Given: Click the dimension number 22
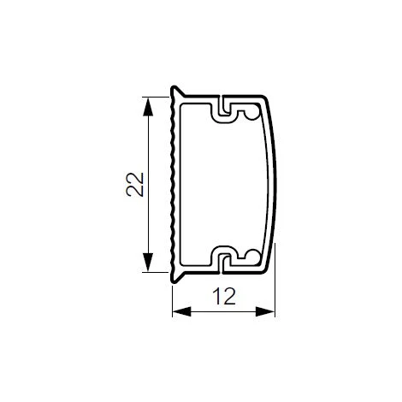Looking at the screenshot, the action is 134,185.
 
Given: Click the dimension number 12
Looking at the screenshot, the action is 224,296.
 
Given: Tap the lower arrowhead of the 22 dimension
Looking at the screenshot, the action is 147,263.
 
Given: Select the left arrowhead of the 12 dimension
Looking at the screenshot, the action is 181,311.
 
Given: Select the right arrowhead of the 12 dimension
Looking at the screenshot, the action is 265,311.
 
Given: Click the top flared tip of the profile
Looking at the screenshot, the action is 174,87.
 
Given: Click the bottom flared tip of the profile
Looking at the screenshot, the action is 174,281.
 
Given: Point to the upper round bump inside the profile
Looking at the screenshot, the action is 252,114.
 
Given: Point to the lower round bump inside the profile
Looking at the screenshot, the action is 252,255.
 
